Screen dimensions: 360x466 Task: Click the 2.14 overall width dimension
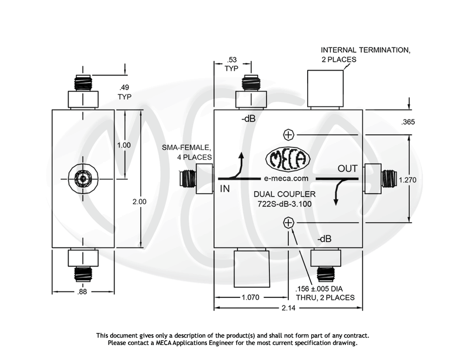click(x=288, y=307)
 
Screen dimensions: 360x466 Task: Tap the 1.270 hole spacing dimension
click(x=408, y=180)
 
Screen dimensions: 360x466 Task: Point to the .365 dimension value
click(x=408, y=122)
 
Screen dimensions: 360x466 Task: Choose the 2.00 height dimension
click(x=139, y=201)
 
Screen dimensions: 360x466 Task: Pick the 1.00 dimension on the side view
click(x=124, y=145)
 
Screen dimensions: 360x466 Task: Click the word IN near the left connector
click(x=224, y=189)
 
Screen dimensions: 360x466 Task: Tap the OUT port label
click(x=348, y=169)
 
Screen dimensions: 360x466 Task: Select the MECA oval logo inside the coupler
click(x=287, y=159)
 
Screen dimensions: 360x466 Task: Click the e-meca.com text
click(x=286, y=179)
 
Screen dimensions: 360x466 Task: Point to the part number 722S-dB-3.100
click(x=284, y=204)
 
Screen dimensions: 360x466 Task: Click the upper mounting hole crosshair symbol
click(x=288, y=134)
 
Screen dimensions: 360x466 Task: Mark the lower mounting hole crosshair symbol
click(x=288, y=223)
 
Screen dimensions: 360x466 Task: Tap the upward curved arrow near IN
click(x=239, y=166)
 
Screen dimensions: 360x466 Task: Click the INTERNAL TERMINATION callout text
click(x=365, y=54)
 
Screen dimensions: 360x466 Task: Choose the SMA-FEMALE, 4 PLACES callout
click(x=187, y=152)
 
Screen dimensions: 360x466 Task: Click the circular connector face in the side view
click(x=83, y=179)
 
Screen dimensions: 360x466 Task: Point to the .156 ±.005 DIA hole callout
click(x=325, y=293)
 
